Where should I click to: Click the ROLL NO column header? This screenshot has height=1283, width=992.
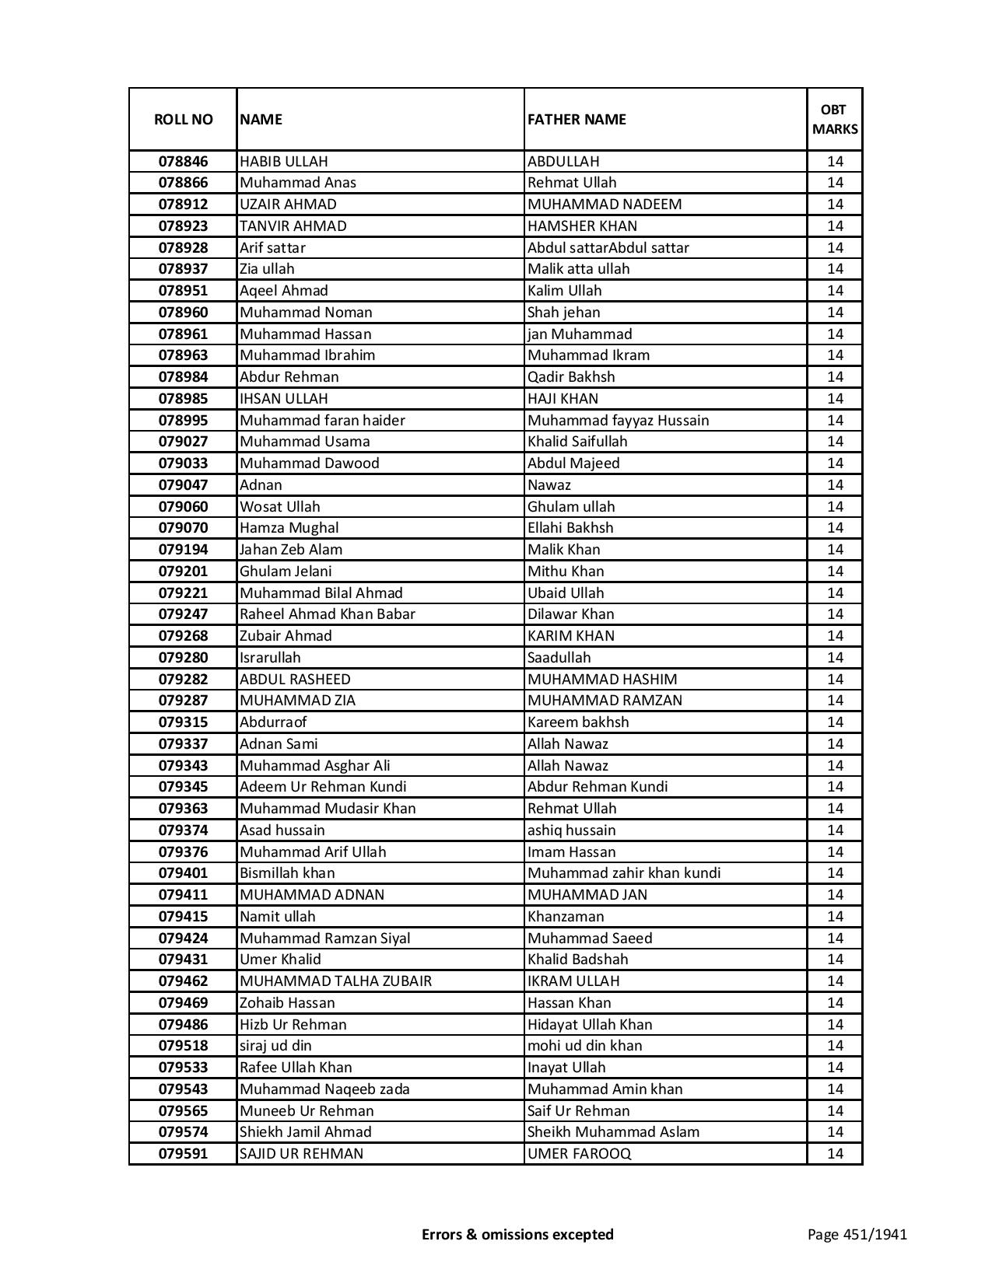point(183,119)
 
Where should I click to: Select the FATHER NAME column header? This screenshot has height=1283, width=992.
point(577,119)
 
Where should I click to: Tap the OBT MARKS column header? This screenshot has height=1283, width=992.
point(835,119)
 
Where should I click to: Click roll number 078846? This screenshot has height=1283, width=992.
point(183,162)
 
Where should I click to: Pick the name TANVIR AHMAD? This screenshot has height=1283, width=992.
point(293,226)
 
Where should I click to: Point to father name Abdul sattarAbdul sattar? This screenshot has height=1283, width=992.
point(608,248)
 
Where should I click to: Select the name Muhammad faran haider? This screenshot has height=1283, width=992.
point(322,421)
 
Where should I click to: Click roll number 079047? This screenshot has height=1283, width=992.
point(183,485)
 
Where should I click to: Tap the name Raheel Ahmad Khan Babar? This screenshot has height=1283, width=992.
point(328,614)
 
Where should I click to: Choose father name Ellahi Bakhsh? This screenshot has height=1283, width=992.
point(570,528)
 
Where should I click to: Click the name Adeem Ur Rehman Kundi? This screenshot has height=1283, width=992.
point(323,787)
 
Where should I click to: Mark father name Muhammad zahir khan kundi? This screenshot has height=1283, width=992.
point(624,873)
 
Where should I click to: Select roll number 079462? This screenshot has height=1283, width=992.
point(183,981)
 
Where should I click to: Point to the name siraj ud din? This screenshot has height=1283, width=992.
point(275,1046)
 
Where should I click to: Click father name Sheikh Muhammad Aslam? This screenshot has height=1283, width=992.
point(613,1132)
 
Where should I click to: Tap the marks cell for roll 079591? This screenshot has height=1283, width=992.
point(835,1154)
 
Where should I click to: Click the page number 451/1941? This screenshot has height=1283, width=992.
point(857,1234)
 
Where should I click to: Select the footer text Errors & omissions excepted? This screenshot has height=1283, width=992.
point(517,1234)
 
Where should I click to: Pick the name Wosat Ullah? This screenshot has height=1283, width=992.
point(279,507)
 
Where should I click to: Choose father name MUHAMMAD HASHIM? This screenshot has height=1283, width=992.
point(602,680)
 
